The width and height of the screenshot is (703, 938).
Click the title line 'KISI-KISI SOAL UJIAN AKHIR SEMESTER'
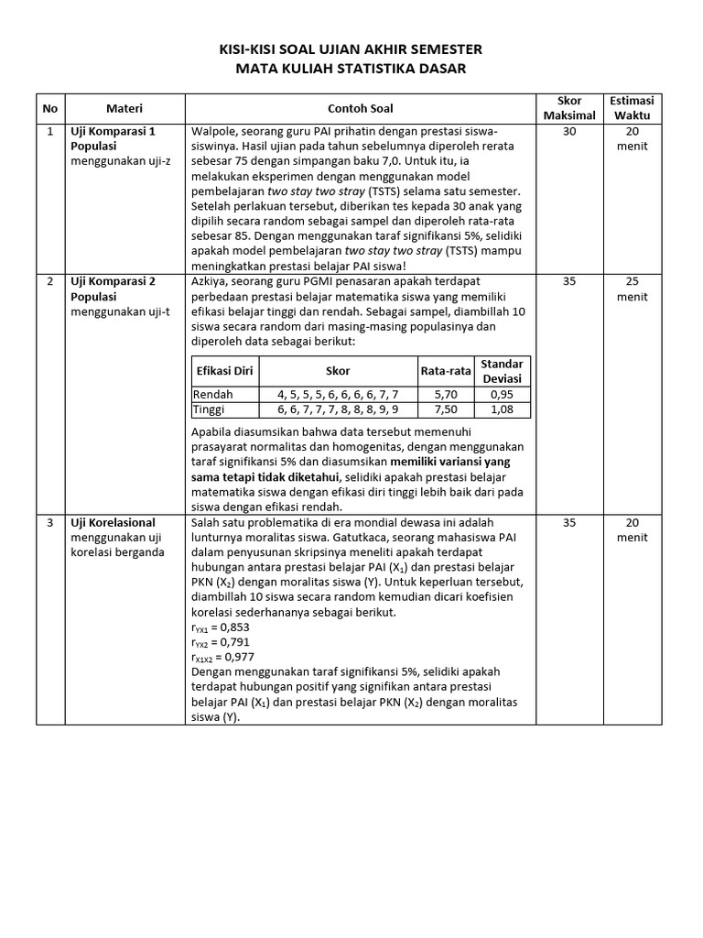coord(351,49)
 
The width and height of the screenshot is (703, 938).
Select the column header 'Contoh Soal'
coord(361,108)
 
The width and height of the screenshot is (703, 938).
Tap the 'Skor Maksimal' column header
coord(569,108)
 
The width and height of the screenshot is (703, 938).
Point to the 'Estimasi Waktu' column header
coord(632,108)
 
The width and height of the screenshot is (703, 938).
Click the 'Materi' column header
coord(124,108)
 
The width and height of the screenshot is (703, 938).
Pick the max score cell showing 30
coord(569,131)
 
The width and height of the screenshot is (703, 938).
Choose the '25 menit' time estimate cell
coord(632,289)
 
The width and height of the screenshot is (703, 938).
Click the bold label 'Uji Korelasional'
coord(113,522)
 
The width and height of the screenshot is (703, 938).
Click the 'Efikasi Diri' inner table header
coord(224,371)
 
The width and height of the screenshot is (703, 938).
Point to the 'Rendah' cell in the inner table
coord(212,394)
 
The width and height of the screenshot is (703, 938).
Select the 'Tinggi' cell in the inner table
coord(210,409)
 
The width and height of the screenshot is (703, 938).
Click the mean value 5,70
coord(446,394)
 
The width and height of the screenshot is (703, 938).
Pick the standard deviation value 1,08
coord(502,409)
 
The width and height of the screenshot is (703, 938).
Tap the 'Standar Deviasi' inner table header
coord(502,371)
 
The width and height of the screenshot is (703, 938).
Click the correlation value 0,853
coord(236,627)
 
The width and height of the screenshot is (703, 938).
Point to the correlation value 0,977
coord(241,657)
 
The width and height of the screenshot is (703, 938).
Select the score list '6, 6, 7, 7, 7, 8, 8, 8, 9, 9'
coord(338,409)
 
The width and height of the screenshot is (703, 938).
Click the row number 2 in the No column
coord(50,281)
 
